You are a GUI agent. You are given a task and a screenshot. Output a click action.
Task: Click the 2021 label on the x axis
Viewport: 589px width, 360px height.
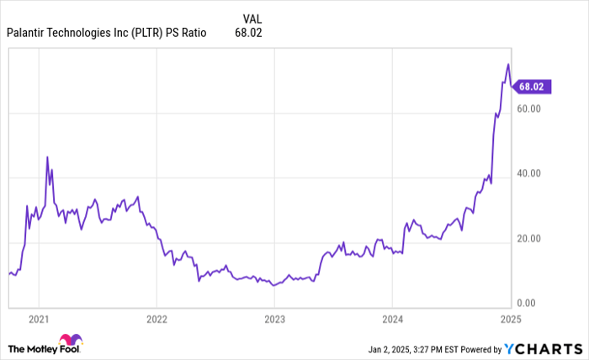click(x=39, y=319)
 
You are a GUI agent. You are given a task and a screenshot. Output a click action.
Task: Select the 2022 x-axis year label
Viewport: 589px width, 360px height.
click(x=157, y=319)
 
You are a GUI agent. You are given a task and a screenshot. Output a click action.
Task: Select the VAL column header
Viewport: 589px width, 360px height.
click(x=251, y=17)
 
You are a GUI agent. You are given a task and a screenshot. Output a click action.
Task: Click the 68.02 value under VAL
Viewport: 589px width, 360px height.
click(x=250, y=34)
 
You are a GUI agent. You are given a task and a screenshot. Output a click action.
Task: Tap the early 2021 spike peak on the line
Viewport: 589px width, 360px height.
click(x=47, y=156)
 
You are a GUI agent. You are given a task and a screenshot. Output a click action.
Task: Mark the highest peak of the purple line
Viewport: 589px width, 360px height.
click(x=507, y=64)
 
